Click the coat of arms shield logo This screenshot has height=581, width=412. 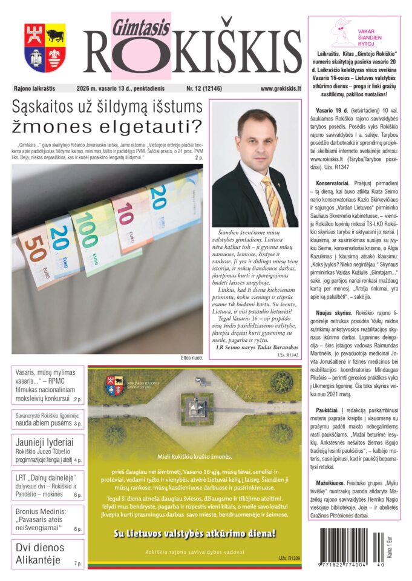click(x=44, y=48)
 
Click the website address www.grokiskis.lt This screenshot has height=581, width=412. click(x=280, y=88)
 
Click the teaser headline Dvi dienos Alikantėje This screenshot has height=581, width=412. click(x=40, y=553)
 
